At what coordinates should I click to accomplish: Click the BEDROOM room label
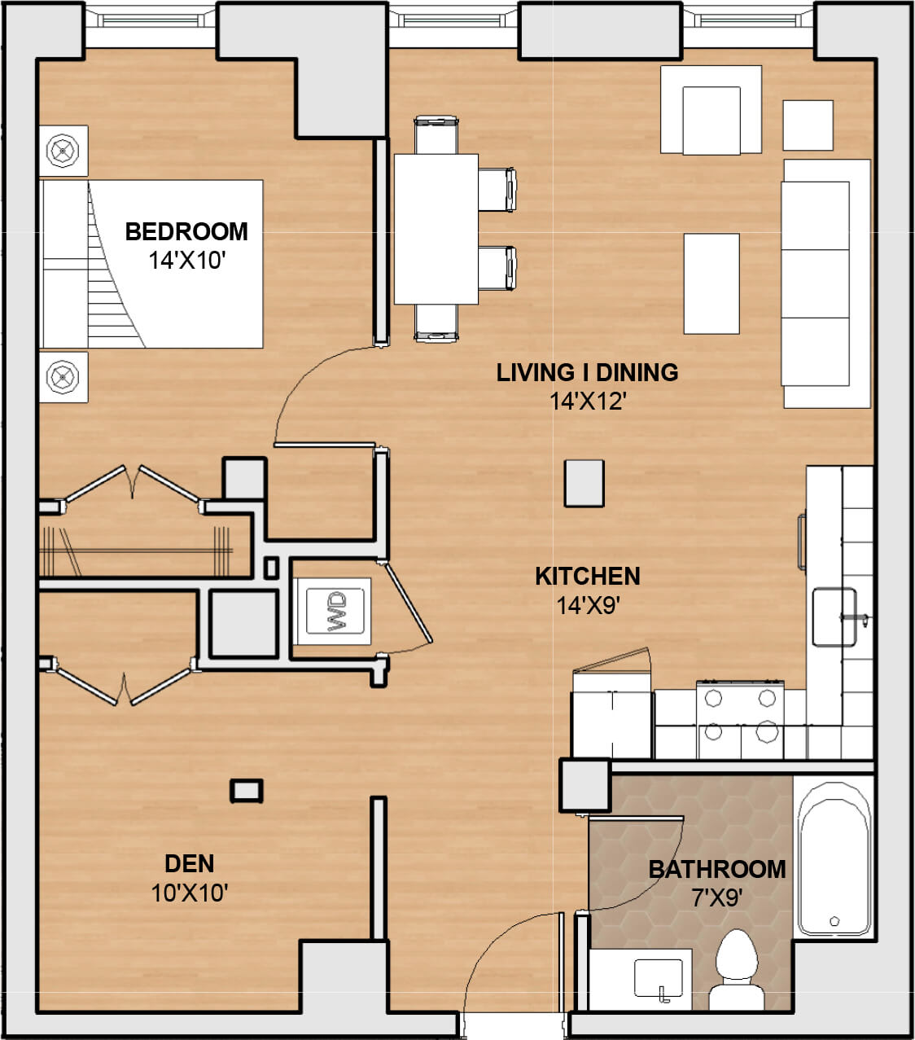coord(186,231)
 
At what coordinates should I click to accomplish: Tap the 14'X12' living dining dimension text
coord(587,401)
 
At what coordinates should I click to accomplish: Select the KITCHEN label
coord(587,576)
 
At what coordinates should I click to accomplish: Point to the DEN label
coord(189,863)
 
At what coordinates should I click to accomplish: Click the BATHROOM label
coord(716,869)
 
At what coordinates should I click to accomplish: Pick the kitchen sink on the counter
coord(834,617)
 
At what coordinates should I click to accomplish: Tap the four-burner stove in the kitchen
coord(739,715)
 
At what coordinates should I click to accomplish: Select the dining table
coord(436,229)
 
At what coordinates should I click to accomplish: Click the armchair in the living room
coord(711,110)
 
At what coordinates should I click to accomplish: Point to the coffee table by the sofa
coord(711,283)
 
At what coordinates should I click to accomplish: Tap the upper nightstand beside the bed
coord(63,151)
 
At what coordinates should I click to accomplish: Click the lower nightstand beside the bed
coord(63,377)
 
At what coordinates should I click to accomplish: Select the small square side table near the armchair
coord(808,125)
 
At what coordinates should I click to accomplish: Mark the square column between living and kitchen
coord(584,483)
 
